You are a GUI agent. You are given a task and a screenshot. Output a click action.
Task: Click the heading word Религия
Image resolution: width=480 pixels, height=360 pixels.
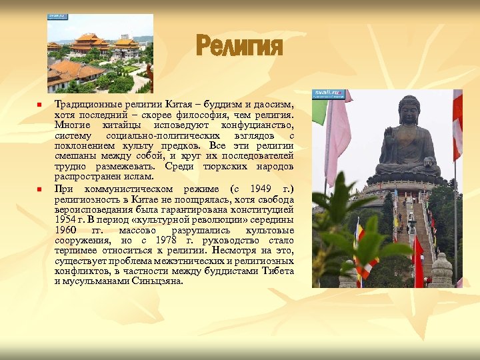pyautogui.click(x=239, y=47)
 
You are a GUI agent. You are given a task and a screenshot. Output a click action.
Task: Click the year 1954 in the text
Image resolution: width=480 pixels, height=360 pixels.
pyautogui.click(x=65, y=219)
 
